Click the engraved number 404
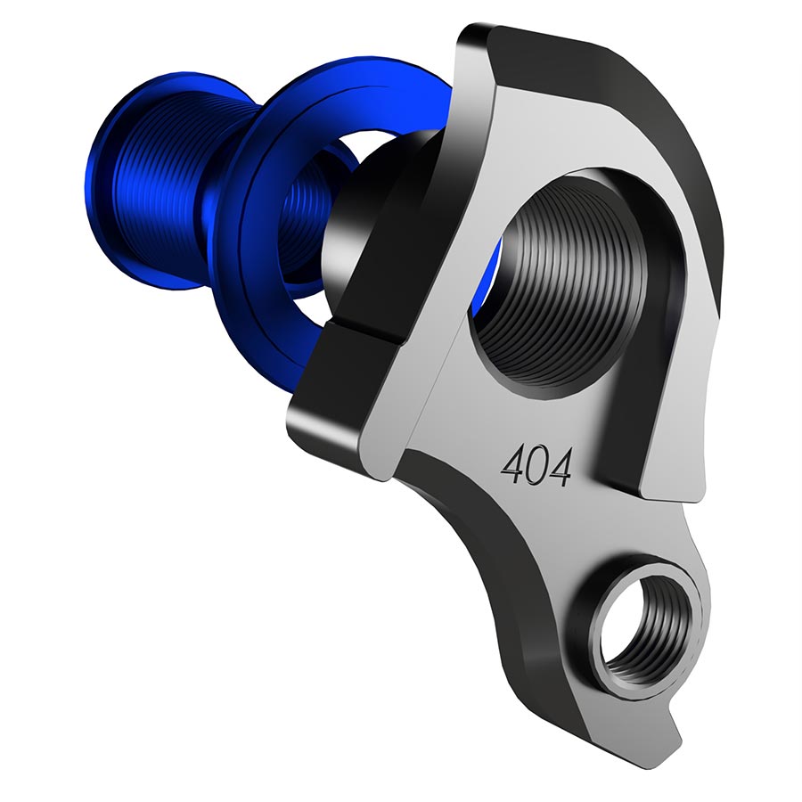point(536,464)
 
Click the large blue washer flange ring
point(267,134)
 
